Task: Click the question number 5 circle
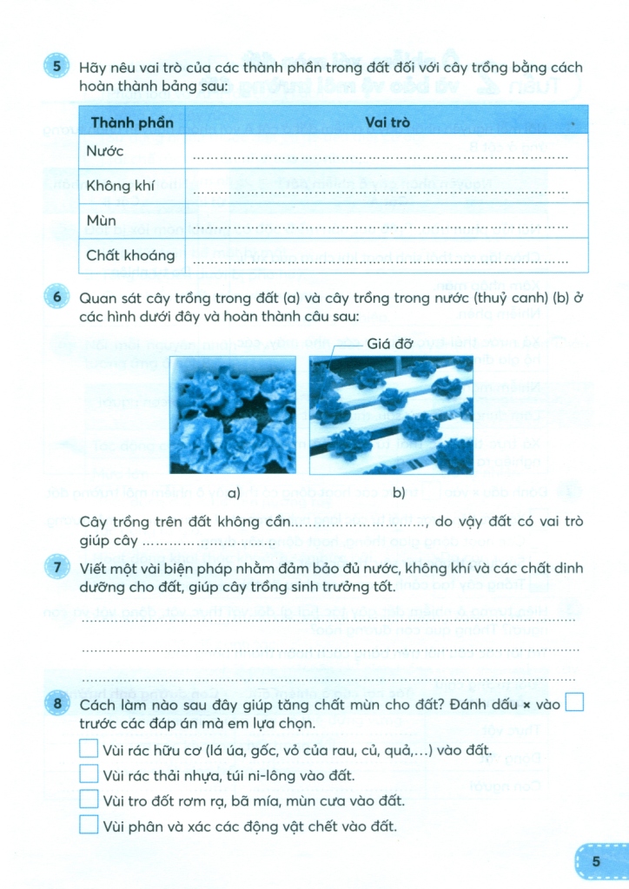click(56, 68)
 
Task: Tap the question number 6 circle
click(56, 298)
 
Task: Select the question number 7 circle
click(56, 569)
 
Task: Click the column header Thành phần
click(132, 122)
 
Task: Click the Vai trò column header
click(387, 122)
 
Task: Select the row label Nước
click(105, 152)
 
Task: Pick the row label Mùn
click(102, 221)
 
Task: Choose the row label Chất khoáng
click(130, 255)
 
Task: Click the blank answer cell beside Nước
click(382, 153)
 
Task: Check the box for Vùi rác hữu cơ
click(89, 749)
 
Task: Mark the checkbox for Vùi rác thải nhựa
click(89, 774)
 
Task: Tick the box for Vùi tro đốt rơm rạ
click(89, 800)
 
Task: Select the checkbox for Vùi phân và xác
click(89, 825)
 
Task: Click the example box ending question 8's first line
click(574, 704)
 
